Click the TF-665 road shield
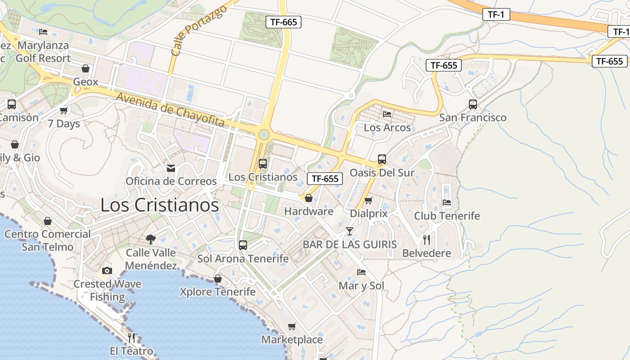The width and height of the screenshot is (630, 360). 283,22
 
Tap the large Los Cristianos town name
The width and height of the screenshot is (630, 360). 159,205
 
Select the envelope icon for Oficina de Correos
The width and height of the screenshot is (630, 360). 171,168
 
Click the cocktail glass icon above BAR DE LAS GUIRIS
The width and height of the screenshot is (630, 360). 350,231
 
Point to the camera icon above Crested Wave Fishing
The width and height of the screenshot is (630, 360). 107,270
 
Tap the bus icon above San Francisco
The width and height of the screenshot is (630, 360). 473,104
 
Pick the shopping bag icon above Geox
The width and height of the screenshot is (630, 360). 85,69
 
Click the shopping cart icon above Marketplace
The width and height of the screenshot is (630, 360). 292,326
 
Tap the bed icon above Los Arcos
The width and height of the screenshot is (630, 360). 387,114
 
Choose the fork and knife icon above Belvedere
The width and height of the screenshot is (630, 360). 427,240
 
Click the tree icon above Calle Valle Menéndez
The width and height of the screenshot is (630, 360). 151,239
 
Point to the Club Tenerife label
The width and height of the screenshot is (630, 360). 447,216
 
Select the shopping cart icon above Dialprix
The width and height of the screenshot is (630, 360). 369,200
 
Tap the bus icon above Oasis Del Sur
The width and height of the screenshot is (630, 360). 382,159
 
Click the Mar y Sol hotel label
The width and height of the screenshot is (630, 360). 361,286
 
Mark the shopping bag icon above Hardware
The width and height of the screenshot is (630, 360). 309,198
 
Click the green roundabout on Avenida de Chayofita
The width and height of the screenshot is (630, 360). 264,135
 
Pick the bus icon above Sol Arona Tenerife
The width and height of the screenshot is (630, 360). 243,245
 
